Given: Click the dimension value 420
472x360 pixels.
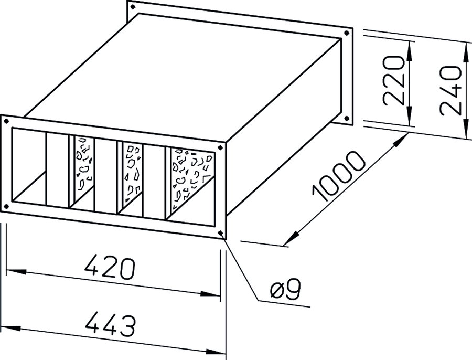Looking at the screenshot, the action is tap(110, 267).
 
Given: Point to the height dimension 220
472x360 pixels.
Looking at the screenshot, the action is tap(393, 81).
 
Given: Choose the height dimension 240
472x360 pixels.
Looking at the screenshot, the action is tap(450, 91).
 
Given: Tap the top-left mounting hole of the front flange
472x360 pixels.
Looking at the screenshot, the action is tap(6, 121).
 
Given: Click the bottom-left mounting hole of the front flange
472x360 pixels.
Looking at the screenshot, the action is tap(6, 206).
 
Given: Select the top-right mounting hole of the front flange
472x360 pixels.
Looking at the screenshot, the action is tap(220, 147).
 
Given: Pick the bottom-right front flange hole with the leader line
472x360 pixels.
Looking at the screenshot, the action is tap(221, 232).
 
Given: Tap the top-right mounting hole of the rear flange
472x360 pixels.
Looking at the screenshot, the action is tap(347, 33).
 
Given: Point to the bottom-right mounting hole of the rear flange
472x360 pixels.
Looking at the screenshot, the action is tap(347, 119).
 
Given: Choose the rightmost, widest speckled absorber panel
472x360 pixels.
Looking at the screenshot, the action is tap(192, 178).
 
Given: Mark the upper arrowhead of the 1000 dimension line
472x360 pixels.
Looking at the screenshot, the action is tap(400, 140).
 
